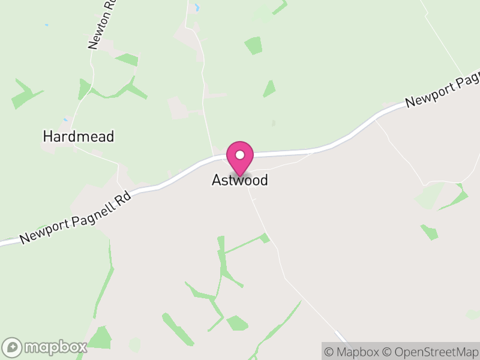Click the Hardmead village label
(78, 136)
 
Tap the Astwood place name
(239, 180)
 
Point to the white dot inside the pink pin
(240, 155)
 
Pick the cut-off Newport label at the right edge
(443, 92)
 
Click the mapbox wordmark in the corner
(55, 347)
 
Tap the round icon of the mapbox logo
(13, 347)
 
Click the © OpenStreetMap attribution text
(430, 352)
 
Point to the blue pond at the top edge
(196, 8)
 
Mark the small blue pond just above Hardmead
(65, 119)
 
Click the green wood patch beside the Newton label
(127, 59)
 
